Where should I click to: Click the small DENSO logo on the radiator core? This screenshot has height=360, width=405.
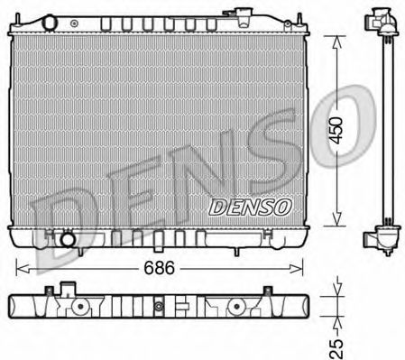point(250,207)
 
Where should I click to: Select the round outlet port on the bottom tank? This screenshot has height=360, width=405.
point(66,240)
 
